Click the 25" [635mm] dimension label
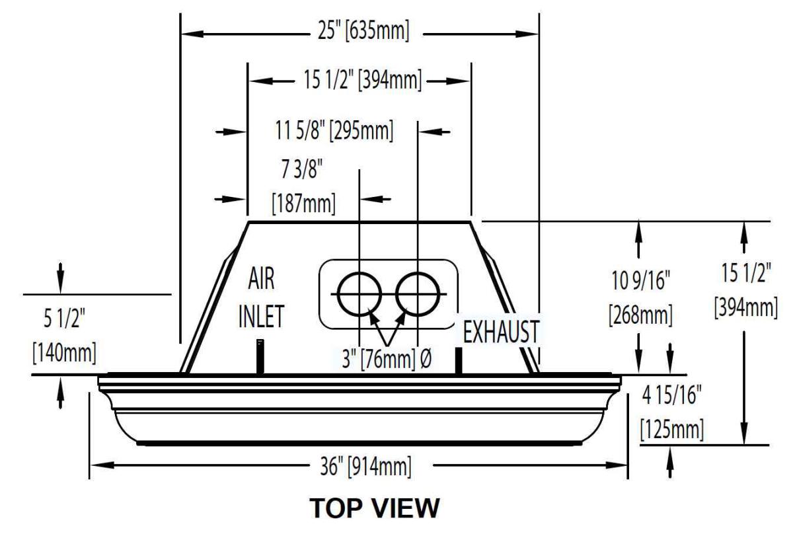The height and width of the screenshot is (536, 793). pyautogui.click(x=359, y=32)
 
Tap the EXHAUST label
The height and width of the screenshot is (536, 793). pyautogui.click(x=500, y=332)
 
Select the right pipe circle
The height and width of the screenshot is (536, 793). pyautogui.click(x=418, y=293)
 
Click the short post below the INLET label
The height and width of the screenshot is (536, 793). pyautogui.click(x=260, y=357)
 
